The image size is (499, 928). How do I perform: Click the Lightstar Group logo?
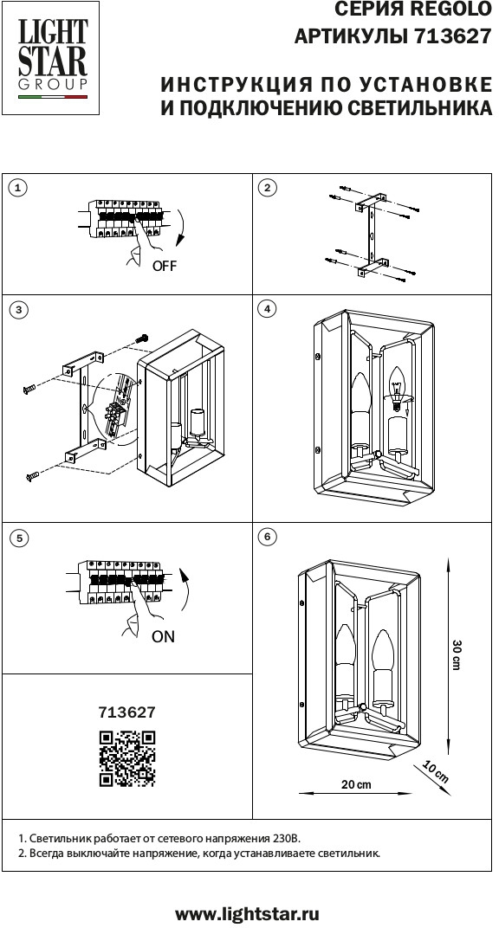pyautogui.click(x=51, y=58)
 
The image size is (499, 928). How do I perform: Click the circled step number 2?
pyautogui.click(x=269, y=188)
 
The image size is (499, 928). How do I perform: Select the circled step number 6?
pyautogui.click(x=269, y=536)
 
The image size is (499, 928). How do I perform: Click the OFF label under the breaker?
pyautogui.click(x=165, y=266)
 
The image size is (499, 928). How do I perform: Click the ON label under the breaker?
pyautogui.click(x=164, y=637)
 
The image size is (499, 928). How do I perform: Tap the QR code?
pyautogui.click(x=127, y=758)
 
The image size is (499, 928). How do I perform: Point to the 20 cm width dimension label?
pyautogui.click(x=356, y=784)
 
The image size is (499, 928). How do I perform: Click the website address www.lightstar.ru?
pyautogui.click(x=248, y=913)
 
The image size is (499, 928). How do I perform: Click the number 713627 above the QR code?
pyautogui.click(x=126, y=712)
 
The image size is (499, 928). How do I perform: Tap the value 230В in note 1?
pyautogui.click(x=288, y=839)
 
